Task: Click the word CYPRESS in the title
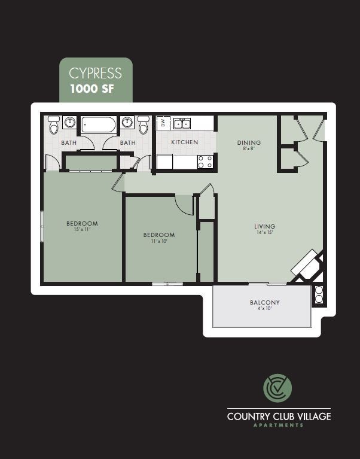(95, 73)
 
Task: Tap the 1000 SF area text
(92, 90)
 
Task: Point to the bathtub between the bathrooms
(99, 125)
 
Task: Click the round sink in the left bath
(70, 123)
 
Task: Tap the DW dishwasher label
(162, 123)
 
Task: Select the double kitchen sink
(182, 124)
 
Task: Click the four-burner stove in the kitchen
(206, 161)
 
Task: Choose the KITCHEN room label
(184, 142)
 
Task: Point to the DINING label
(249, 142)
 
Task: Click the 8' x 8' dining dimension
(249, 149)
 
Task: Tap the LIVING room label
(264, 226)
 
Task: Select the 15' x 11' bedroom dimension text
(82, 230)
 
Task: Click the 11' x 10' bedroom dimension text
(158, 241)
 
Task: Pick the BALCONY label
(264, 303)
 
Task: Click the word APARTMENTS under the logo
(279, 425)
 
